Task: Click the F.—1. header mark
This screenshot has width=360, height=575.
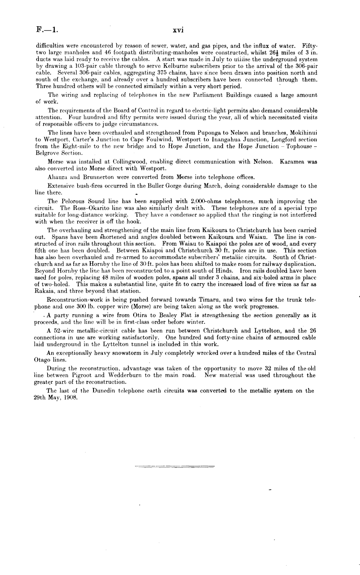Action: coord(47,30)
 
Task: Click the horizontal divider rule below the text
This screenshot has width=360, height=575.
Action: coord(175,467)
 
